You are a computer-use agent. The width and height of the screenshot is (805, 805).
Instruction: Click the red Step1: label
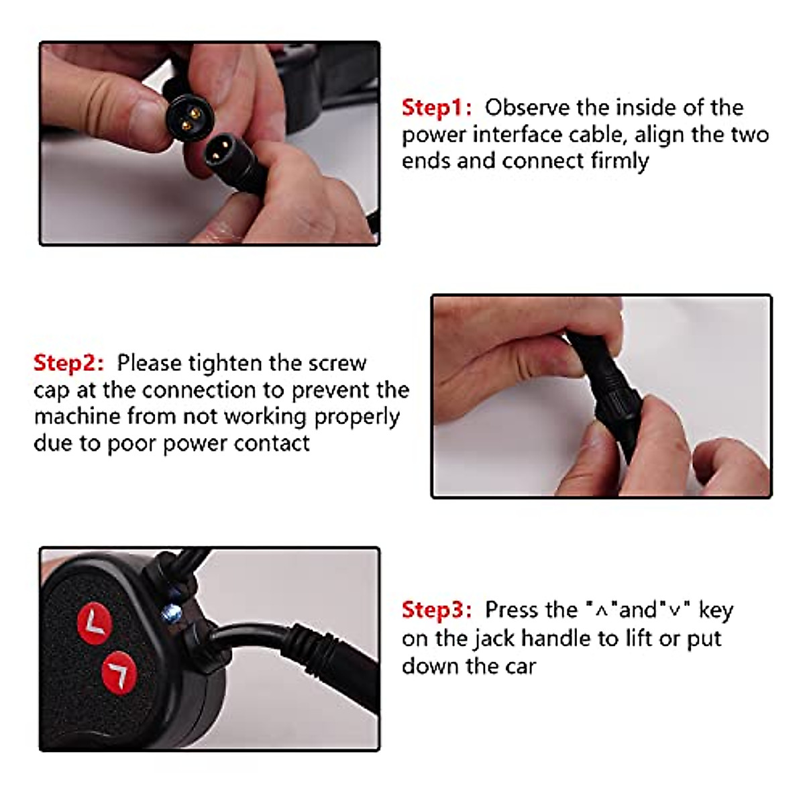tap(437, 108)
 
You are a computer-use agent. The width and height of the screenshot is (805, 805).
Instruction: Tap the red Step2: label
tap(68, 363)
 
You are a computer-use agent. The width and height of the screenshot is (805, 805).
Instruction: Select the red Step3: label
tap(437, 610)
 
